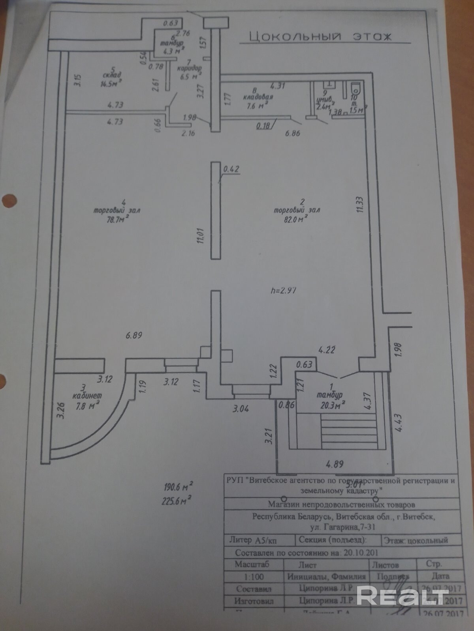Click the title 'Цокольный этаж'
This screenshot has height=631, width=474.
[x=320, y=37]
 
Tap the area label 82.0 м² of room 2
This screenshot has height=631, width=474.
[x=292, y=220]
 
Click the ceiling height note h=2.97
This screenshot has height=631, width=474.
[x=284, y=291]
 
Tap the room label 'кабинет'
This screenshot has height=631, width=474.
[x=87, y=396]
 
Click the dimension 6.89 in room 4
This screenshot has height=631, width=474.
[x=134, y=336]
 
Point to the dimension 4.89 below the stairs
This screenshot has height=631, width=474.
[x=335, y=464]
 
